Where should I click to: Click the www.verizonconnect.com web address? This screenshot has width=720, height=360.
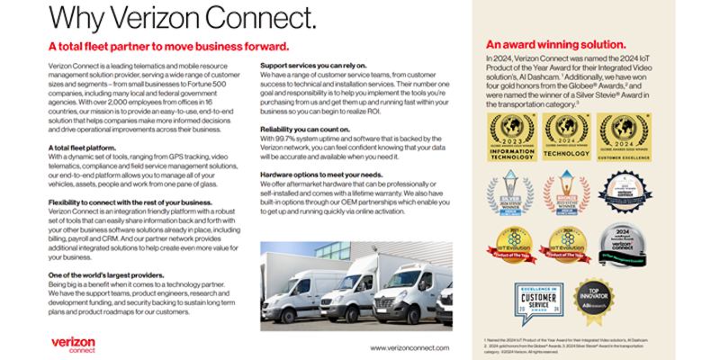[410, 346]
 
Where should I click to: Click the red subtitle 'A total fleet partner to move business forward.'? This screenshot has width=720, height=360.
[168, 47]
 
